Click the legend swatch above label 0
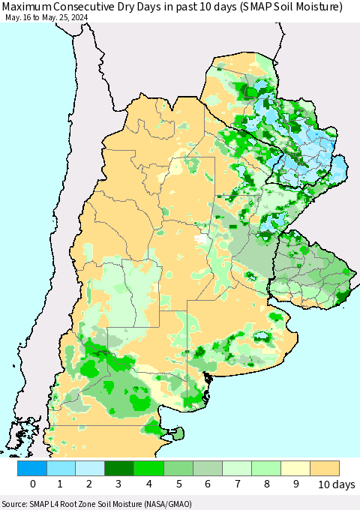(32, 469)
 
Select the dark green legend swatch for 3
(120, 469)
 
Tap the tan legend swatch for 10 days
(325, 469)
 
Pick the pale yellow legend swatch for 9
(295, 469)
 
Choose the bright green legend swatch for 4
(149, 469)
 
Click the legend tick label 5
(178, 484)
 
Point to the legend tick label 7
(237, 484)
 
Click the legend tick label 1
(61, 484)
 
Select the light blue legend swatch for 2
(91, 469)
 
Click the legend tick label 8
(266, 484)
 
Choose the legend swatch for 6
(208, 469)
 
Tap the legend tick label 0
(32, 484)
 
